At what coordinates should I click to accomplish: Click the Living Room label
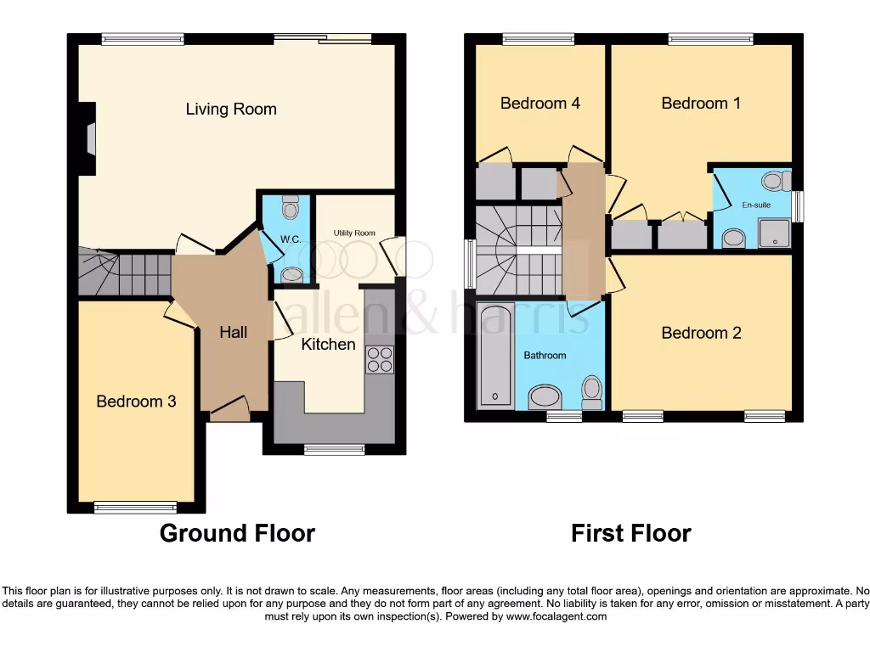[231, 109]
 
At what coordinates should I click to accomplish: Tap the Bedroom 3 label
[136, 401]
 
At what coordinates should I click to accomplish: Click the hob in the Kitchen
[379, 360]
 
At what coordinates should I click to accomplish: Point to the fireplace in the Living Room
[88, 130]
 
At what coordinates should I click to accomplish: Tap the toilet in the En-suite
[775, 180]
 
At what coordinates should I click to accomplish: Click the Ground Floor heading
[237, 533]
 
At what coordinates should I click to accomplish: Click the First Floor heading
[630, 533]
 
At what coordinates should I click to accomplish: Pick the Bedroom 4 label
[540, 104]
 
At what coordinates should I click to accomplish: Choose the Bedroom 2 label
[701, 333]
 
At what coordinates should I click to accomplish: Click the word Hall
[234, 332]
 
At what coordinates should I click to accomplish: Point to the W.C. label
[291, 239]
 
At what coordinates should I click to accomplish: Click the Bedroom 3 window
[135, 508]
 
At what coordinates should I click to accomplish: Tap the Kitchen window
[333, 449]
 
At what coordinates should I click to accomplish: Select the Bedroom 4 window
[537, 38]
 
